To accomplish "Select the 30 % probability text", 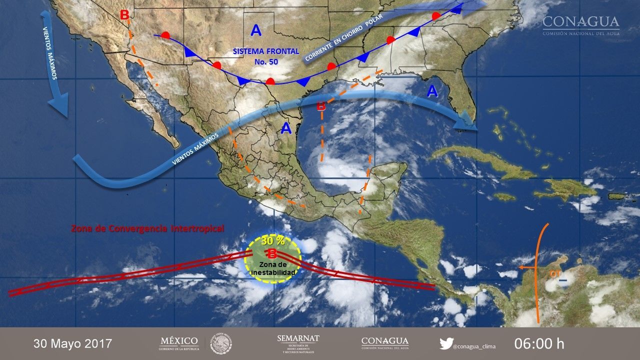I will tap(272, 240).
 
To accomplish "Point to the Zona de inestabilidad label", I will tap(273, 268).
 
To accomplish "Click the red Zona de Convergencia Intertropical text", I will tap(147, 228).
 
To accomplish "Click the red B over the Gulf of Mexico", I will tap(321, 106).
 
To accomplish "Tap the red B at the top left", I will tap(124, 15).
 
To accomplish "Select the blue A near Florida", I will tap(432, 91).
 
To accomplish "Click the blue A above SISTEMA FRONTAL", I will tap(256, 31).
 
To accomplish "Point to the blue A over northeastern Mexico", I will tap(286, 128).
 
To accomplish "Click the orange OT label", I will tap(555, 273).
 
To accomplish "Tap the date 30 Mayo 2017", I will tap(73, 344).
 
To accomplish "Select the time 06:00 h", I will tap(539, 344).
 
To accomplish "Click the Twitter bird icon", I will tap(446, 343).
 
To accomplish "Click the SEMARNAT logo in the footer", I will tap(298, 343).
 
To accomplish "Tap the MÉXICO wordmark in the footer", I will tap(179, 341).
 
